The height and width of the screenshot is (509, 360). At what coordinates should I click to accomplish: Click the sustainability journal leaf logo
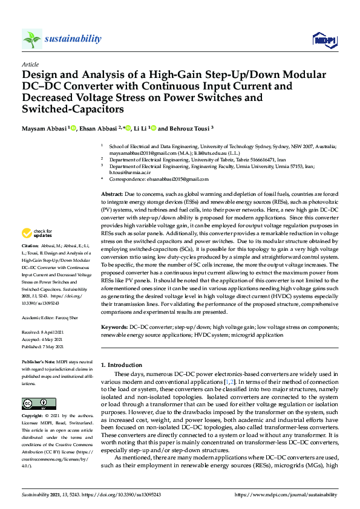click(x=32, y=39)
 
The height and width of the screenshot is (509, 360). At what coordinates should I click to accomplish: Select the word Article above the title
click(x=30, y=64)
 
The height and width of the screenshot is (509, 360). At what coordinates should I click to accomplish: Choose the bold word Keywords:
click(x=114, y=326)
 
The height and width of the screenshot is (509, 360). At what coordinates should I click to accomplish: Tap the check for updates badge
click(x=37, y=233)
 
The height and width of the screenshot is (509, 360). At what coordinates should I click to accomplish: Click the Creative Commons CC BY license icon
click(x=34, y=403)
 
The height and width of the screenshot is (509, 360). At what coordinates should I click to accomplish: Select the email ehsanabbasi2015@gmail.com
click(x=179, y=179)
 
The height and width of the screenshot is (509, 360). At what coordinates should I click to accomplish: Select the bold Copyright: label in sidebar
click(x=34, y=417)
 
